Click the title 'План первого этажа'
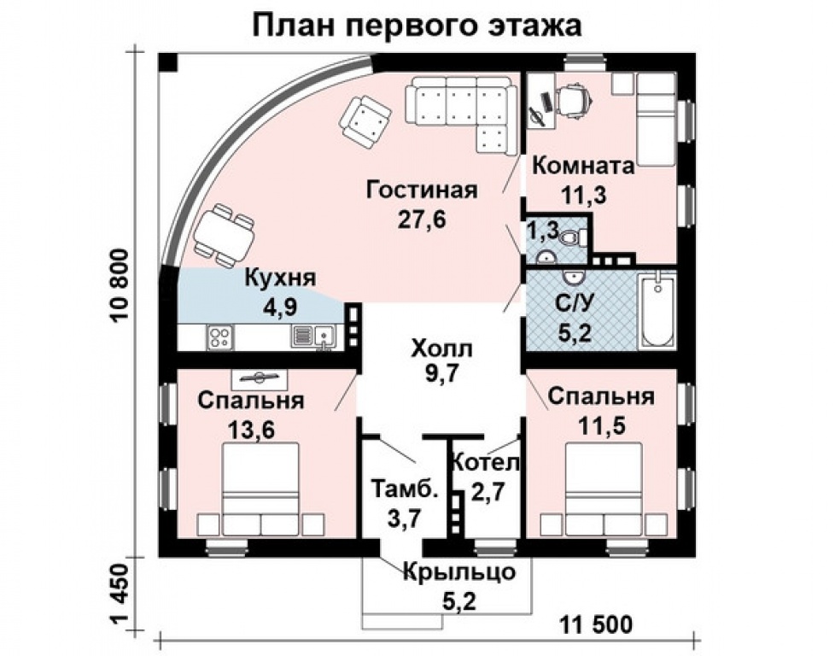(x=417, y=26)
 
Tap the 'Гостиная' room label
(x=421, y=190)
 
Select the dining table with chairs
(x=224, y=235)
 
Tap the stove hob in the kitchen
(x=219, y=337)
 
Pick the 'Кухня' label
(x=281, y=278)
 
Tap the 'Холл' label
(x=441, y=348)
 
